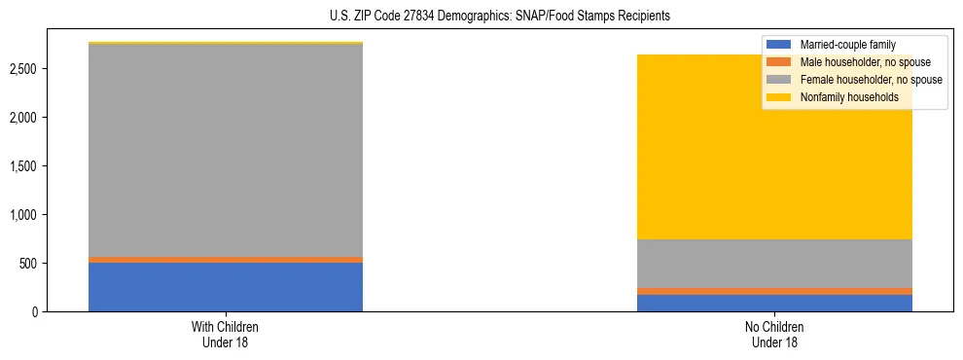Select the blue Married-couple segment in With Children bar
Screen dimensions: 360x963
(226, 287)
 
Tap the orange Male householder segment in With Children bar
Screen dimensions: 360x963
(226, 260)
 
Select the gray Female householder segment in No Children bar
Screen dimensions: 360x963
(774, 264)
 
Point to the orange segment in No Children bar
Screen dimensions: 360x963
(774, 291)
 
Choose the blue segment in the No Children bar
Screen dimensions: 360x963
(774, 303)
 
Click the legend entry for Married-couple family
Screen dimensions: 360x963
(846, 45)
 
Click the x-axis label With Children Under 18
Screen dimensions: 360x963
(226, 334)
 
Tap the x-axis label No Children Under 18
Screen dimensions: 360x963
(774, 334)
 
